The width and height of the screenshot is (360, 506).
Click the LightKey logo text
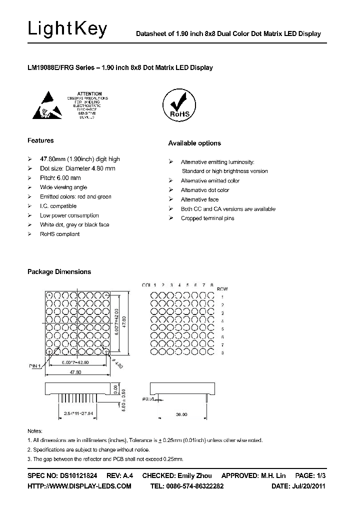67,29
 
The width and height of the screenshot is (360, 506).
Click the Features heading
40,141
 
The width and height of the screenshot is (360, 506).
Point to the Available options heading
194,143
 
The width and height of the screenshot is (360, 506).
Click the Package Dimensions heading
59,272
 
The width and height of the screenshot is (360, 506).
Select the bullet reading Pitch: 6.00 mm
60,178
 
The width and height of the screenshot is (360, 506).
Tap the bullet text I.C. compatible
58,206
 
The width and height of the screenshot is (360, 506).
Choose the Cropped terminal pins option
207,218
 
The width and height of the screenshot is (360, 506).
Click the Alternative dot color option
205,190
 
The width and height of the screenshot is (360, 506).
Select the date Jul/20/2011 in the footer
309,486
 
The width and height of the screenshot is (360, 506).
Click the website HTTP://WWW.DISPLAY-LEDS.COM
79,486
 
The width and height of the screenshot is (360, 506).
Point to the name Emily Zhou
195,475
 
